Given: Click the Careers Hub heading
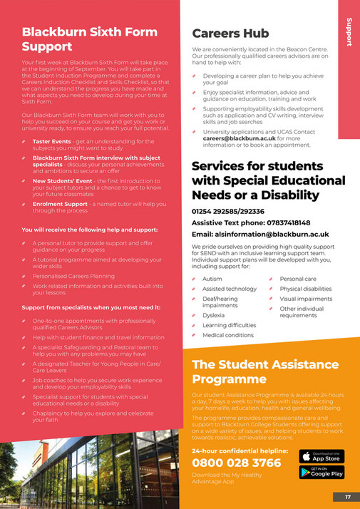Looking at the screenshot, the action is coord(230,33).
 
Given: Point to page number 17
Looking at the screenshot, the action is coord(348,496).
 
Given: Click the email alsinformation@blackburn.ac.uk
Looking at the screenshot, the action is coord(260,233).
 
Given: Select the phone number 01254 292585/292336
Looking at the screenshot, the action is coord(228,212).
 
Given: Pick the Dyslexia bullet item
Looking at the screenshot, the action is coord(214,314).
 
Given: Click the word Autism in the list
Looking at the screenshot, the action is coord(212,279).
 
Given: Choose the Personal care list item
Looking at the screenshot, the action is coord(298,279).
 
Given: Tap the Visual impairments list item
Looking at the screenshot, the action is coord(305,299).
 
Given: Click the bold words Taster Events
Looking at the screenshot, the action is coord(51,122).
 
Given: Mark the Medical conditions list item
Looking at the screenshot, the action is coord(227,335).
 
